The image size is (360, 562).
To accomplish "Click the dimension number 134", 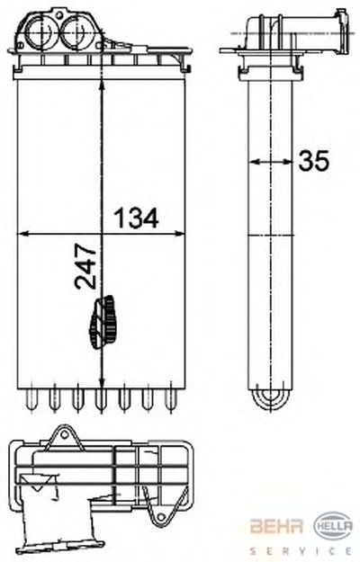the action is [136, 218].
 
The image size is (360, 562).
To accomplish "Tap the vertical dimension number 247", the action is [85, 266].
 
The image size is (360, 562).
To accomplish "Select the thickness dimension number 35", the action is [313, 160].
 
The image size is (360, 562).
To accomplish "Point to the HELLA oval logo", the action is [333, 526].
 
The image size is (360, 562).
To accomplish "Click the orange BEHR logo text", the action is [276, 526].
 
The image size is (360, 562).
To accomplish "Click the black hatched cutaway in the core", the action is [103, 322].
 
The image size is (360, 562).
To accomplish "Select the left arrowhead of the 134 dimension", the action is [22, 234].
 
